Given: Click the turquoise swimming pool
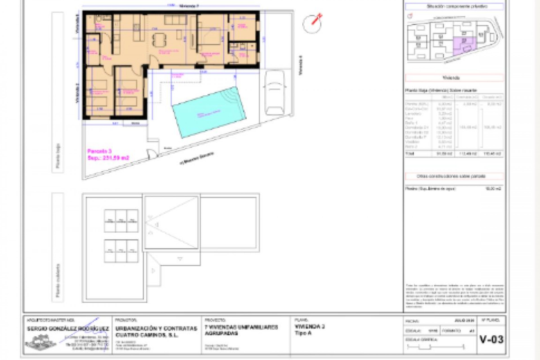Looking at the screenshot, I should pos(209,112).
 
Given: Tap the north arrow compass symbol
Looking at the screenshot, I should pos(312,23).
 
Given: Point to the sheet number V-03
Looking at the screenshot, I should pos(491,340).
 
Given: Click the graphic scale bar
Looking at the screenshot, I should pos(435,347).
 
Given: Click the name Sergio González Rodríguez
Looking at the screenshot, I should pos(68,328).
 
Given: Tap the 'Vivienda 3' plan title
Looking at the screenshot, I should pos(310,327).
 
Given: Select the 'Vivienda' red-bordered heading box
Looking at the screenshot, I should pos(454,78).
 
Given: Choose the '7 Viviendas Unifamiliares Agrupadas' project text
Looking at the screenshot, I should pos(241,330).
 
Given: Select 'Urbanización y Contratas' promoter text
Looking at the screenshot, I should pos(156,328).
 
